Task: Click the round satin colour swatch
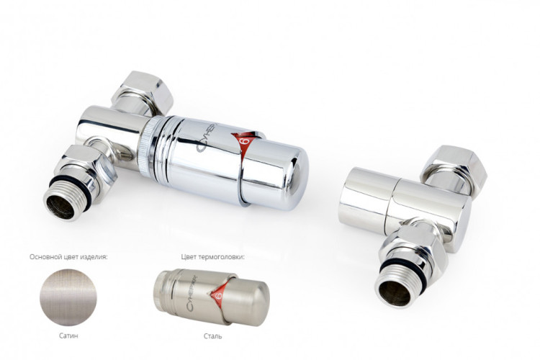68,297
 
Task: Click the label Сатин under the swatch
68,336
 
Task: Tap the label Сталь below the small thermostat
213,336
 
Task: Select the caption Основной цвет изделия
68,257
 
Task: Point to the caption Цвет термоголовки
213,257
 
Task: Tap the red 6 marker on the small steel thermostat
217,296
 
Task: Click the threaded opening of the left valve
60,207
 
